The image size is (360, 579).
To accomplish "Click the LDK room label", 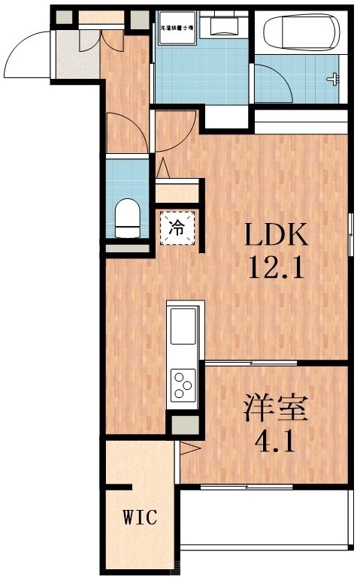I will [275, 237].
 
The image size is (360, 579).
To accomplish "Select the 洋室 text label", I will [274, 410].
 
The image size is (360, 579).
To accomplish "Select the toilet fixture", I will [128, 216].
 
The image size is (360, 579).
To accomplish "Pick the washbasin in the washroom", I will [223, 28].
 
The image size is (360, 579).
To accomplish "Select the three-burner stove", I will [183, 385].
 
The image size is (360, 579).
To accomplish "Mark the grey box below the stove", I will [183, 424].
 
